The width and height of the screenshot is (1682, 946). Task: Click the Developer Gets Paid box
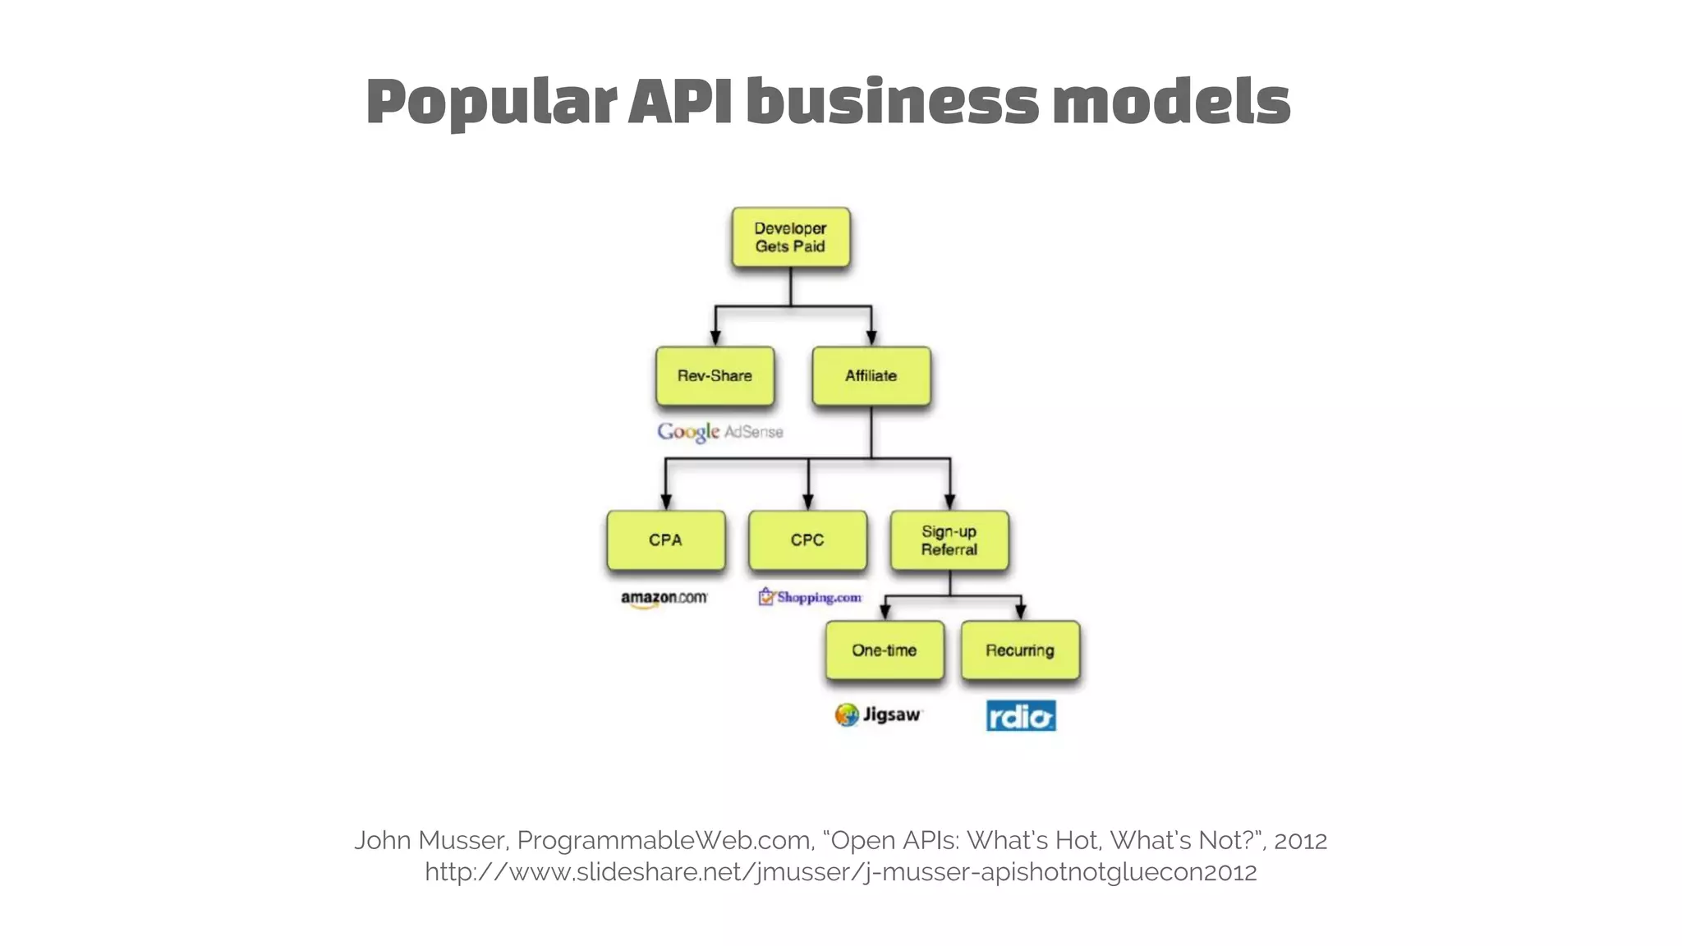click(x=790, y=237)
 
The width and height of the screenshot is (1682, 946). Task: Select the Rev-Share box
click(x=715, y=376)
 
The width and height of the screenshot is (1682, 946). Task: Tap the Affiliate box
click(x=871, y=376)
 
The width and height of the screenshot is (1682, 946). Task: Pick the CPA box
click(x=665, y=540)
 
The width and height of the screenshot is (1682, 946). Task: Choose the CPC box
click(x=807, y=540)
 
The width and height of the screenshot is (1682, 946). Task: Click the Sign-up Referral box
click(x=949, y=540)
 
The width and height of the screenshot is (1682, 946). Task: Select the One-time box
click(x=885, y=650)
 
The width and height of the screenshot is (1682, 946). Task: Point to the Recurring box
click(x=1020, y=650)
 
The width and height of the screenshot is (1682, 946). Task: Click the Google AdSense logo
click(x=719, y=432)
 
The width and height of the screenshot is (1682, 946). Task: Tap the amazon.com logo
click(x=664, y=599)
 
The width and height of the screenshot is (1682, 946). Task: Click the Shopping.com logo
click(x=810, y=597)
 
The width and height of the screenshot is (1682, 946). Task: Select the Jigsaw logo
click(x=878, y=714)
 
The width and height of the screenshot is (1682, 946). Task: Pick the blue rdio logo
click(x=1021, y=716)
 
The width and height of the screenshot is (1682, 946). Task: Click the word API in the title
click(x=680, y=101)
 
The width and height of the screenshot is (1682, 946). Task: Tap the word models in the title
click(x=1171, y=101)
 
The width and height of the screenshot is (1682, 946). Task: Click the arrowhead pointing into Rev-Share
click(x=715, y=338)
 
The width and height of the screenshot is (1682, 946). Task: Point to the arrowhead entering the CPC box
click(x=808, y=502)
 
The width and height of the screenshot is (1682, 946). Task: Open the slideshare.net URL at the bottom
click(x=840, y=871)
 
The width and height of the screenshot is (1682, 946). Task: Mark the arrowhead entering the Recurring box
click(x=1020, y=612)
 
